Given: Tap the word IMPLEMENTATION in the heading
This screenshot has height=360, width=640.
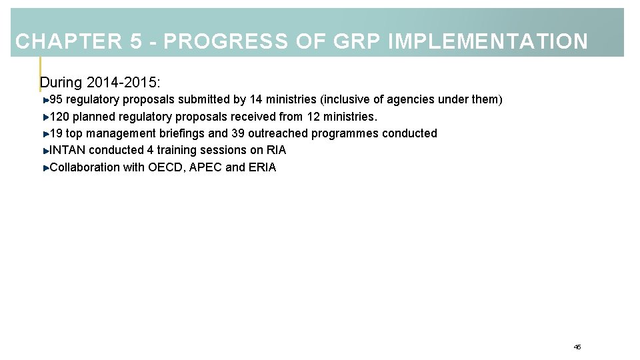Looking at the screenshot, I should pyautogui.click(x=487, y=42).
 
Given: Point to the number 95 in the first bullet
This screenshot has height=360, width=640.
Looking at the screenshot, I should pyautogui.click(x=57, y=100).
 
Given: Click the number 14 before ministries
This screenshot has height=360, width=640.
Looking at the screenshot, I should pyautogui.click(x=256, y=100).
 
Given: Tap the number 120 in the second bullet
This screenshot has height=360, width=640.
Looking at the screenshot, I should pyautogui.click(x=59, y=117).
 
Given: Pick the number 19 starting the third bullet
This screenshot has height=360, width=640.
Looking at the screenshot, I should pyautogui.click(x=57, y=133).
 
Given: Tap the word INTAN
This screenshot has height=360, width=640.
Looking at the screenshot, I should pyautogui.click(x=67, y=150).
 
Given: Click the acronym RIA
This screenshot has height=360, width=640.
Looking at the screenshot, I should pyautogui.click(x=276, y=150).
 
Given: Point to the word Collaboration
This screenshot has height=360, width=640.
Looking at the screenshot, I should pyautogui.click(x=85, y=167).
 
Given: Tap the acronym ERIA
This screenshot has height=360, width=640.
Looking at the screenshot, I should pyautogui.click(x=262, y=167).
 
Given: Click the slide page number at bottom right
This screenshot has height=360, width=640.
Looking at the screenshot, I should pyautogui.click(x=577, y=347).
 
